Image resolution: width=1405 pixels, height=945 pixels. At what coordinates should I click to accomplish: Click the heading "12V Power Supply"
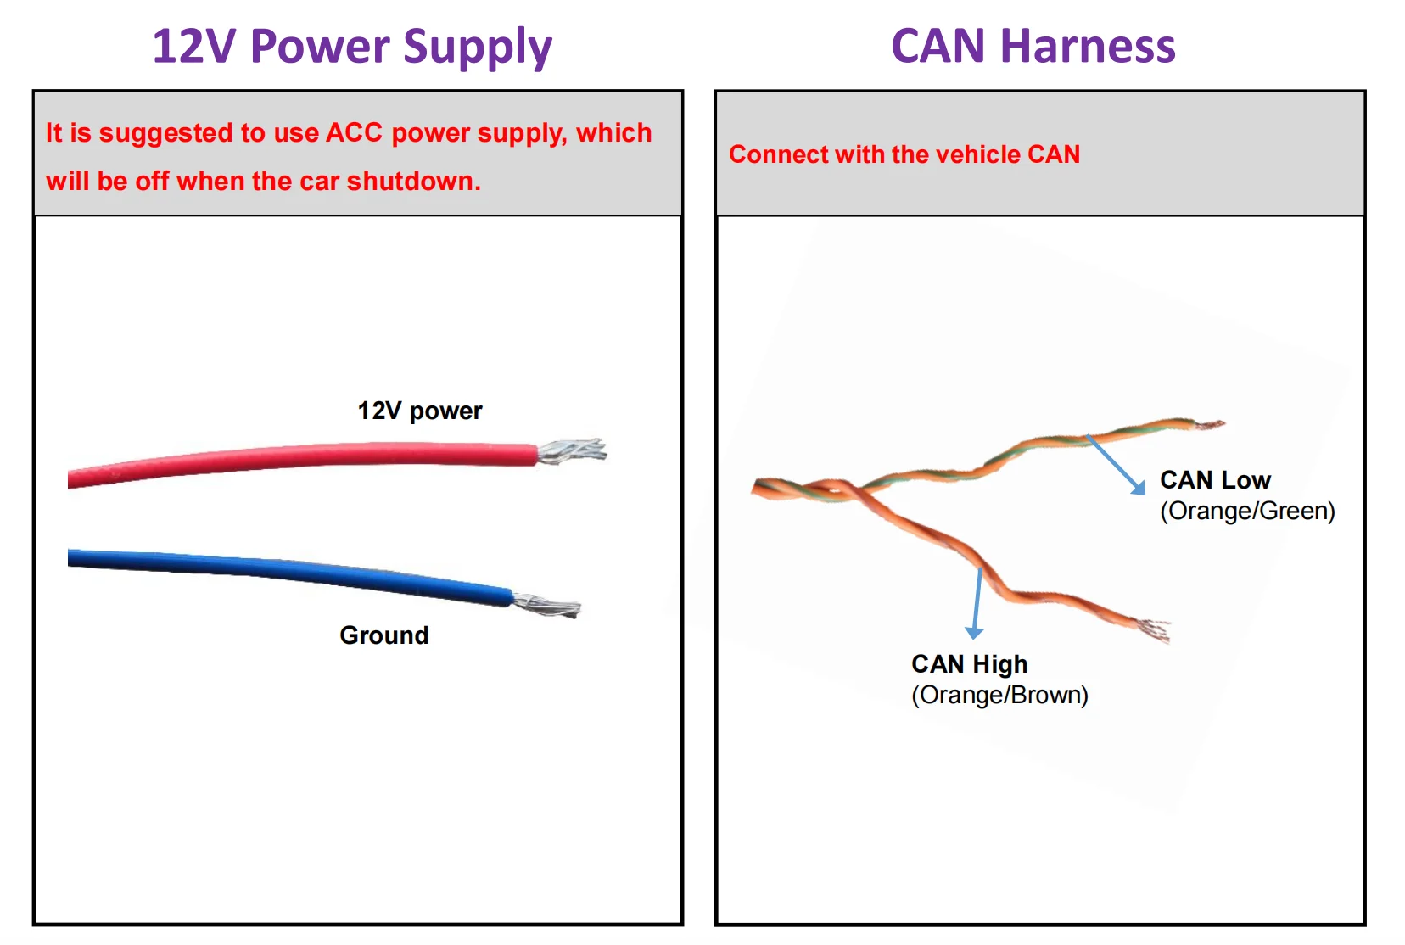pos(352,47)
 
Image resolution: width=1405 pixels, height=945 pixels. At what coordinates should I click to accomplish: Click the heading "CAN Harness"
pos(1033,47)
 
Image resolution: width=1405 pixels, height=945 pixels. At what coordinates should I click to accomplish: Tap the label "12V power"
pos(419,411)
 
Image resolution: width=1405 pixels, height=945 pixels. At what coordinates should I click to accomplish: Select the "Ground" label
pos(383,635)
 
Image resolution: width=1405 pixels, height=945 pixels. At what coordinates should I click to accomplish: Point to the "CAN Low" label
pos(1215,480)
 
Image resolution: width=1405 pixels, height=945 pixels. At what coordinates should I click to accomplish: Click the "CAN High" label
pos(969,664)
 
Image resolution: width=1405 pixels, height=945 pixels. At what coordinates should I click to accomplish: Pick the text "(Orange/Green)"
pos(1247,511)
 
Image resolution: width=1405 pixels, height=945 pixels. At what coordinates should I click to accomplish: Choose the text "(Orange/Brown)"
pos(999,695)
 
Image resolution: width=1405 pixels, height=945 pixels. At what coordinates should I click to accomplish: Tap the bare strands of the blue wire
pos(547,606)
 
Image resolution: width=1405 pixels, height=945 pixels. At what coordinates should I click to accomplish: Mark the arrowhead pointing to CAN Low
pos(1139,487)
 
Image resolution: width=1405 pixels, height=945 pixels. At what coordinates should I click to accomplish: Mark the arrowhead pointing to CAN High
pos(974,632)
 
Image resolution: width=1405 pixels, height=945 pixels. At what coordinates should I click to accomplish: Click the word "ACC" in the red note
pos(354,133)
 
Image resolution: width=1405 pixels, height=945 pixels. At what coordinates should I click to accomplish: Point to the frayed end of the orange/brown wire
pos(1154,630)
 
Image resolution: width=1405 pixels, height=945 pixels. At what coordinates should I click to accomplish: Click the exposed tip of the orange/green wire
pos(1209,423)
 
